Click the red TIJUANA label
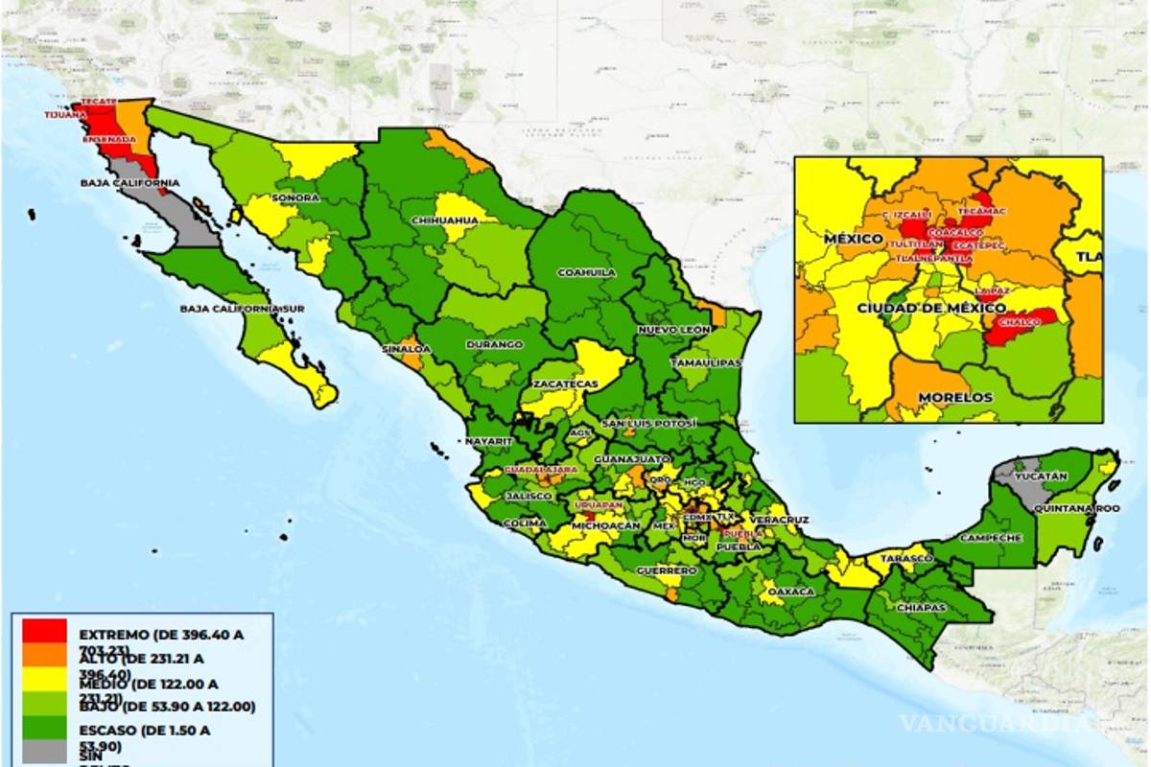tap(63, 115)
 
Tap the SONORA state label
tap(294, 198)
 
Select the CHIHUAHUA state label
tap(444, 221)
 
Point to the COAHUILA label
tap(586, 272)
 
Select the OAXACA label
tap(790, 592)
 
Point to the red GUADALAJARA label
tap(541, 471)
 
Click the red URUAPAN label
tap(599, 504)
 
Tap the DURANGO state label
tap(494, 344)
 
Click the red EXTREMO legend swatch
tap(45, 631)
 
